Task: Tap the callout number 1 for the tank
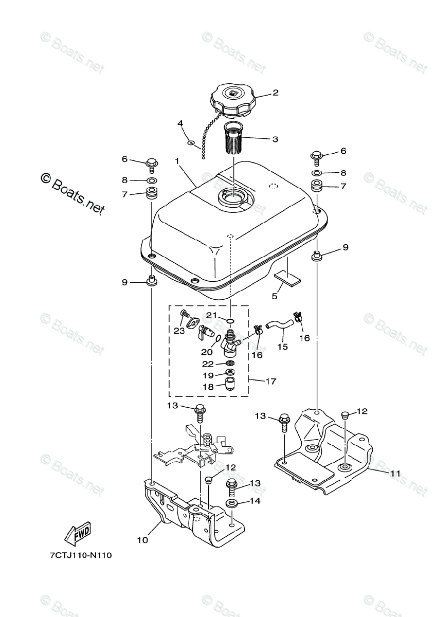tap(177, 161)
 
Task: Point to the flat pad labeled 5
tap(288, 278)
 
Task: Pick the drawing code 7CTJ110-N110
tap(81, 555)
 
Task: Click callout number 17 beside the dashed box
tap(271, 382)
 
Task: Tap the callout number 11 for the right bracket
tap(395, 473)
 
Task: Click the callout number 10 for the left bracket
tap(142, 540)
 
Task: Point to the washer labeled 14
tap(231, 501)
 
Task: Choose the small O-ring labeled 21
tap(229, 321)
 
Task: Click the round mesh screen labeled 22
tap(230, 362)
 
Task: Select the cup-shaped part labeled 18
tap(231, 384)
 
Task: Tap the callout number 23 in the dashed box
tap(179, 331)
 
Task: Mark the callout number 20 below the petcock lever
tap(207, 352)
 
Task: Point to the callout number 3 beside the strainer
tap(275, 139)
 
